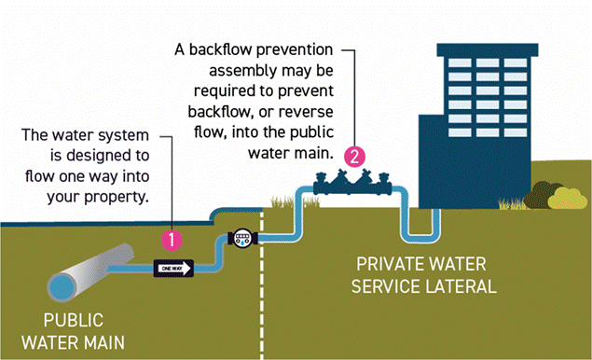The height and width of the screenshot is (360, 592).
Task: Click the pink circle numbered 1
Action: tap(170, 238)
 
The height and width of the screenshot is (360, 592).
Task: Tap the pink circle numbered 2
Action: tap(353, 156)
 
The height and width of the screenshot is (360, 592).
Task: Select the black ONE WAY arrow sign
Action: tap(173, 269)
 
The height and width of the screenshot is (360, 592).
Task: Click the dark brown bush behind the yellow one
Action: tap(539, 195)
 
